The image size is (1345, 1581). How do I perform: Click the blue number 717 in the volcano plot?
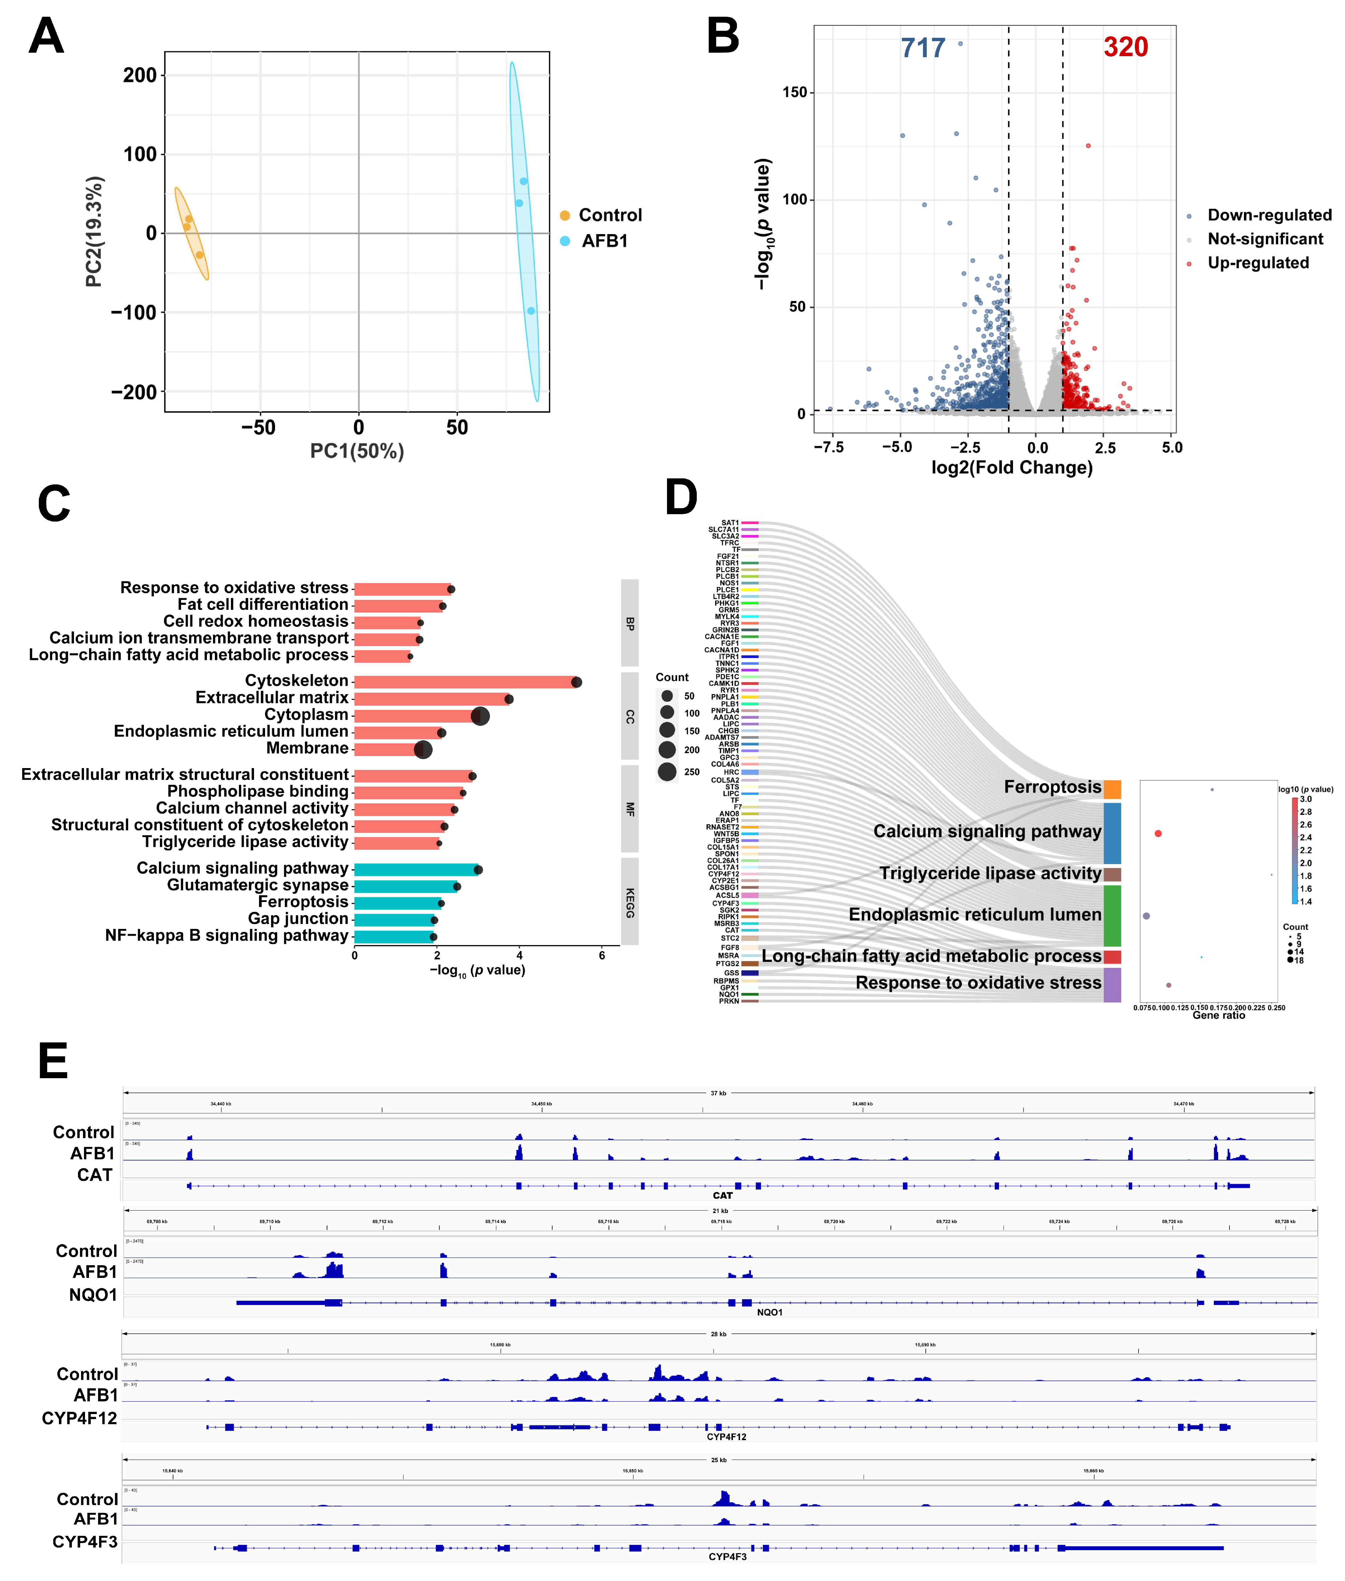pos(923,48)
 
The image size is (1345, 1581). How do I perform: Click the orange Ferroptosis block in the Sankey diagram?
pos(1112,788)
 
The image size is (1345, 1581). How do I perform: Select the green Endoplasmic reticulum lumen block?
pos(1112,915)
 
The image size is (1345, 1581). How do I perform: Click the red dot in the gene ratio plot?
pos(1158,833)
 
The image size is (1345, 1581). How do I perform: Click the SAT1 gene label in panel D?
pos(730,523)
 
